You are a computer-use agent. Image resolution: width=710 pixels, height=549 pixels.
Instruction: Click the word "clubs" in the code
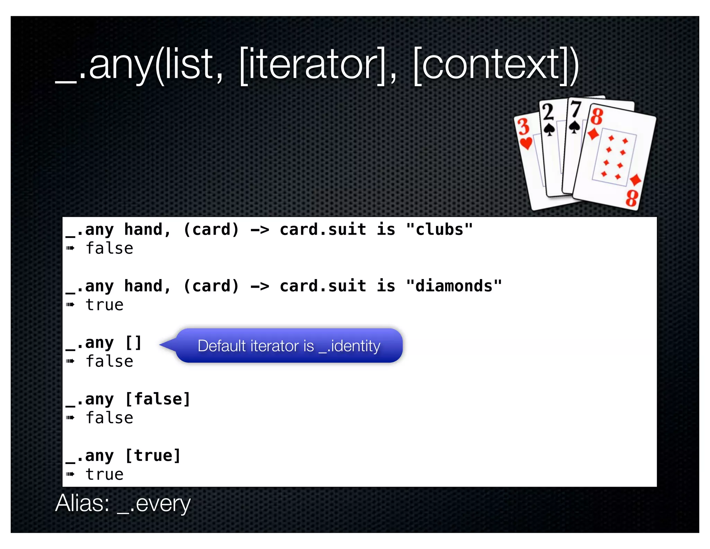click(439, 230)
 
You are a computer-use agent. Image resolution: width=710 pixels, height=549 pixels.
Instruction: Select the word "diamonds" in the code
click(454, 286)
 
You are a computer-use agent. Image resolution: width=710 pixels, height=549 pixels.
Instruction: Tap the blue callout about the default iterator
click(289, 346)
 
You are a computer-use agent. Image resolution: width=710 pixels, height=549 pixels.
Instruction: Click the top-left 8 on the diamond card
click(597, 117)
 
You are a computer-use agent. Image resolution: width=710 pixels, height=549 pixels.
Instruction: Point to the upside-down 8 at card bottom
click(632, 198)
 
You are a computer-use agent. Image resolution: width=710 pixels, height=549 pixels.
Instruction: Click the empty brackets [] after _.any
click(133, 343)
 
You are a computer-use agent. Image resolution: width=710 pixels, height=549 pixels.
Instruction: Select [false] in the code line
click(158, 399)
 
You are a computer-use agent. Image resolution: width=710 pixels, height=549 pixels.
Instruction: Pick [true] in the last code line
click(153, 456)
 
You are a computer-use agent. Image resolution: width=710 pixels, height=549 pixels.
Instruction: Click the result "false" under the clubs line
click(109, 249)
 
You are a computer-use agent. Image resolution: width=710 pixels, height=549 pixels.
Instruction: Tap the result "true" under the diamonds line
click(104, 305)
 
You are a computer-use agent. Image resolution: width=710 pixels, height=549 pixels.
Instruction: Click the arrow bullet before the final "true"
click(70, 474)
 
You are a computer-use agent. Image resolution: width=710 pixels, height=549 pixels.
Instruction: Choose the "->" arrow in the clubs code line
click(260, 230)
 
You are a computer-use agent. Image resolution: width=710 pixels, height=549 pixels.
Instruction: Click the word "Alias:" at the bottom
click(83, 504)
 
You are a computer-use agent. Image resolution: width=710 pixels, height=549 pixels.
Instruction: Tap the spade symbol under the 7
click(574, 128)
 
